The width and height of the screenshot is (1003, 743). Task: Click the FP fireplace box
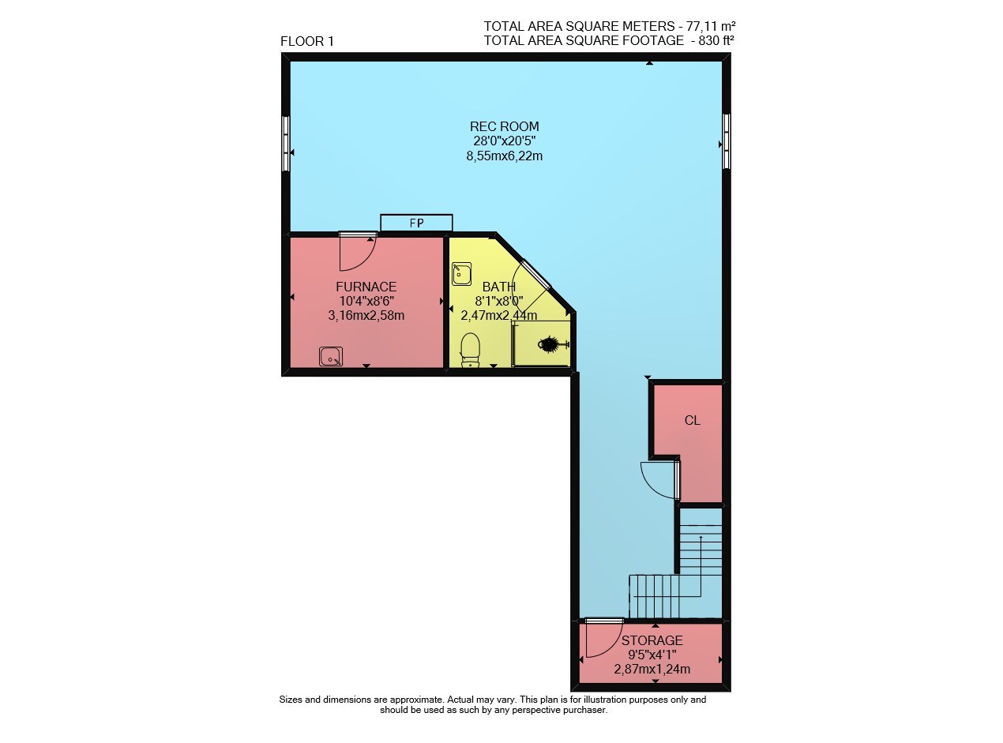pyautogui.click(x=416, y=223)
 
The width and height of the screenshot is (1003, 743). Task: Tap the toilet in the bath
pyautogui.click(x=470, y=350)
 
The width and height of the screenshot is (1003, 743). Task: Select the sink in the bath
pyautogui.click(x=461, y=274)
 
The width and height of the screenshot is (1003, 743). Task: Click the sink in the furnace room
pyautogui.click(x=331, y=356)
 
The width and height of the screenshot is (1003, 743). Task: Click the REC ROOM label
pyautogui.click(x=504, y=126)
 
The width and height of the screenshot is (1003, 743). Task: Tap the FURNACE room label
pyautogui.click(x=366, y=287)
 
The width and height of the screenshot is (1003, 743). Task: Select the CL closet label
pyautogui.click(x=693, y=421)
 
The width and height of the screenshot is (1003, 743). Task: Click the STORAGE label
pyautogui.click(x=652, y=640)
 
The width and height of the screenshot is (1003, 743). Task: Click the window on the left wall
pyautogui.click(x=285, y=144)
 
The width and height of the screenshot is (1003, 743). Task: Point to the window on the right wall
pyautogui.click(x=727, y=141)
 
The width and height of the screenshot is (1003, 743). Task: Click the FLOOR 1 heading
pyautogui.click(x=307, y=42)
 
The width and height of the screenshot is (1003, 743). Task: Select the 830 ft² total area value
pyautogui.click(x=716, y=41)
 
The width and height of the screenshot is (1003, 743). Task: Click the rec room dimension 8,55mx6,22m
pyautogui.click(x=504, y=156)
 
